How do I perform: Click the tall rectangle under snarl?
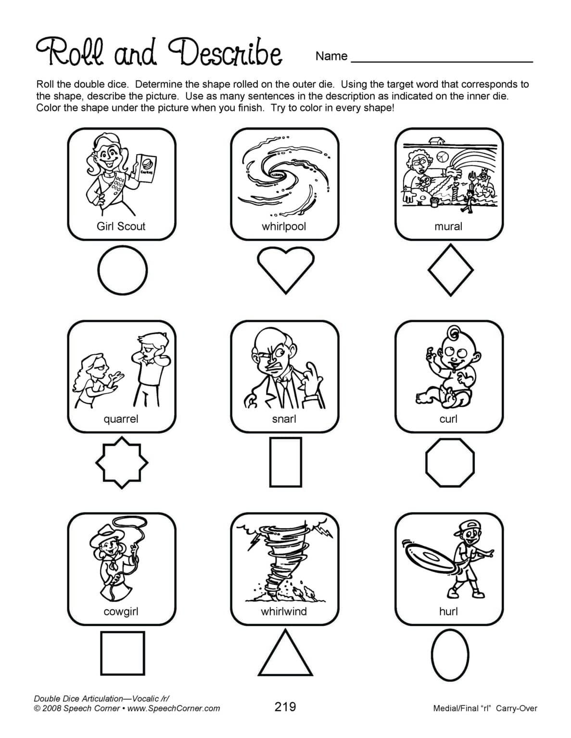[285, 462]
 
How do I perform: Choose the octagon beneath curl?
[450, 463]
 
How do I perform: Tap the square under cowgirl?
[122, 653]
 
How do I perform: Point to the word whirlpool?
[284, 226]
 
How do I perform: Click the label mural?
[448, 226]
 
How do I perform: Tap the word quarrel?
[121, 419]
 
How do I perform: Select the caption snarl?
[284, 419]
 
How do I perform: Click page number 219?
[285, 706]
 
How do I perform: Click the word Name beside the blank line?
[331, 56]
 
